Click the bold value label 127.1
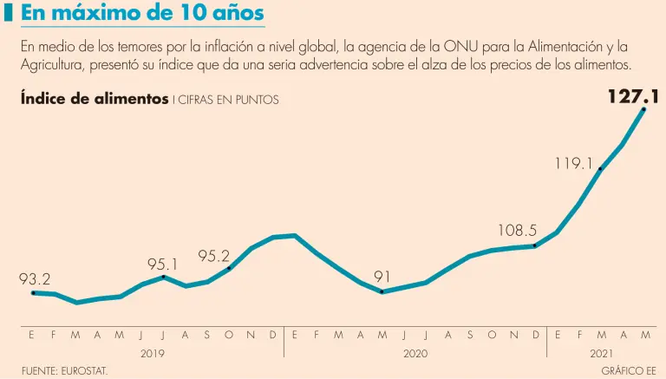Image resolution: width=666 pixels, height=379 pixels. (633, 96)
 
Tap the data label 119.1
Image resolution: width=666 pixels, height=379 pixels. (574, 162)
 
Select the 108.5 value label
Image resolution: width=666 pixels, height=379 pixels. (518, 231)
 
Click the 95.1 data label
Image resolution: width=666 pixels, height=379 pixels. (163, 264)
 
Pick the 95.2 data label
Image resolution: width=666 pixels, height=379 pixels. (213, 256)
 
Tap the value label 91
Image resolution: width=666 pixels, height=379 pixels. (382, 277)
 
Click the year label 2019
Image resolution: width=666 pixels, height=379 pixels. (152, 354)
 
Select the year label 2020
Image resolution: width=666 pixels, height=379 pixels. (415, 354)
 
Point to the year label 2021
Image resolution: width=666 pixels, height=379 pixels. (602, 354)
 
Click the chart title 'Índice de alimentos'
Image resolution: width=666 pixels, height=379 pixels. (95, 99)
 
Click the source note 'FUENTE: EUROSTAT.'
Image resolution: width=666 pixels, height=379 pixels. (64, 371)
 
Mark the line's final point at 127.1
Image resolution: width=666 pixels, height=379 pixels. (644, 109)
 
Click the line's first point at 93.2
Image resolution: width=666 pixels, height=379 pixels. (33, 293)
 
